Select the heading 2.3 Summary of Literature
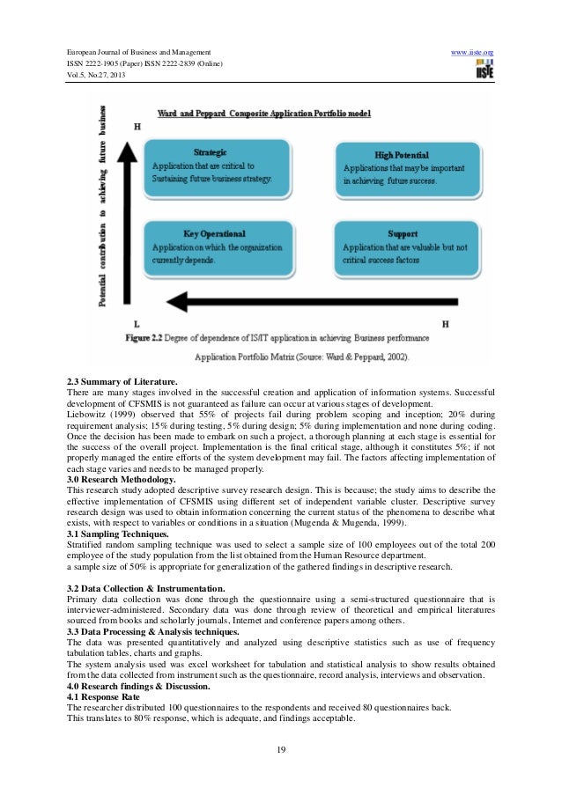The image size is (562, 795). coord(117,381)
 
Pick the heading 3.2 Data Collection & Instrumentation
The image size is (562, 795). coord(136,586)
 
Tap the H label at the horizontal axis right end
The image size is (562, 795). coord(445,324)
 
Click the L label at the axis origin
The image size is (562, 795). coord(137,324)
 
